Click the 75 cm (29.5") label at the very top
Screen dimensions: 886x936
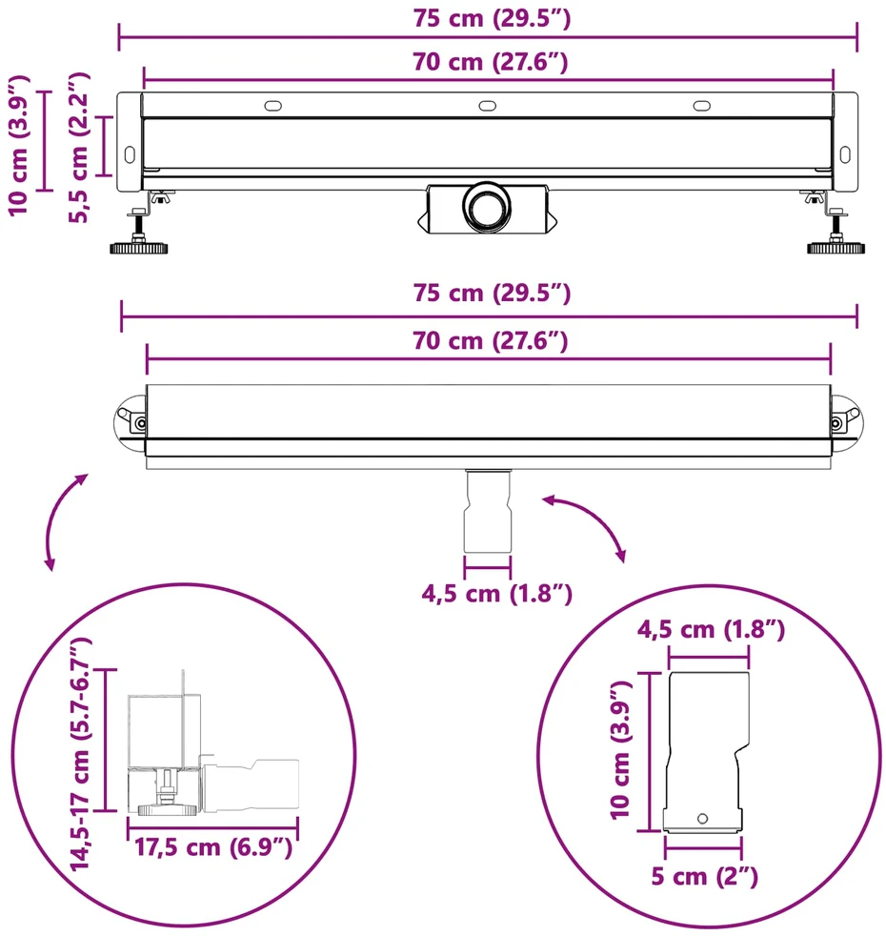coord(492,18)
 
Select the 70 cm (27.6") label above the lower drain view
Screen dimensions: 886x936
coord(490,341)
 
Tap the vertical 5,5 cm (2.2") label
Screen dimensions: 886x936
coord(79,148)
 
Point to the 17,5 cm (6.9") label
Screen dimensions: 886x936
coord(213,847)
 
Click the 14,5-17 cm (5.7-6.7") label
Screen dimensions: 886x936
coord(81,754)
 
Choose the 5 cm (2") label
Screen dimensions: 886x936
coord(704,876)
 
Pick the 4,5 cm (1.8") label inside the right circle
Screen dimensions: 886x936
coord(711,630)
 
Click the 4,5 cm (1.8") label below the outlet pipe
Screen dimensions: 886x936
coord(497,594)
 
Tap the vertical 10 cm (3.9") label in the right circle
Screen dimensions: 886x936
coord(620,750)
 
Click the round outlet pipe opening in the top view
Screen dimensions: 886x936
coord(487,207)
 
